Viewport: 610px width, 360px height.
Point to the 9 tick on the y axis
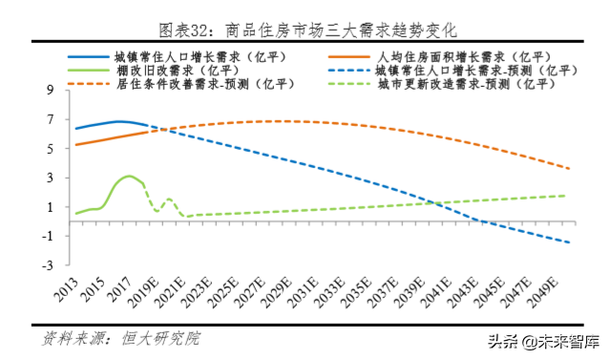click(x=49, y=91)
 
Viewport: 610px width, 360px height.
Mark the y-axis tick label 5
click(x=49, y=149)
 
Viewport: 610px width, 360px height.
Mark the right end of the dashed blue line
click(x=570, y=243)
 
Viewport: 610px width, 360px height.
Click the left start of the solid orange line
click(x=75, y=145)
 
